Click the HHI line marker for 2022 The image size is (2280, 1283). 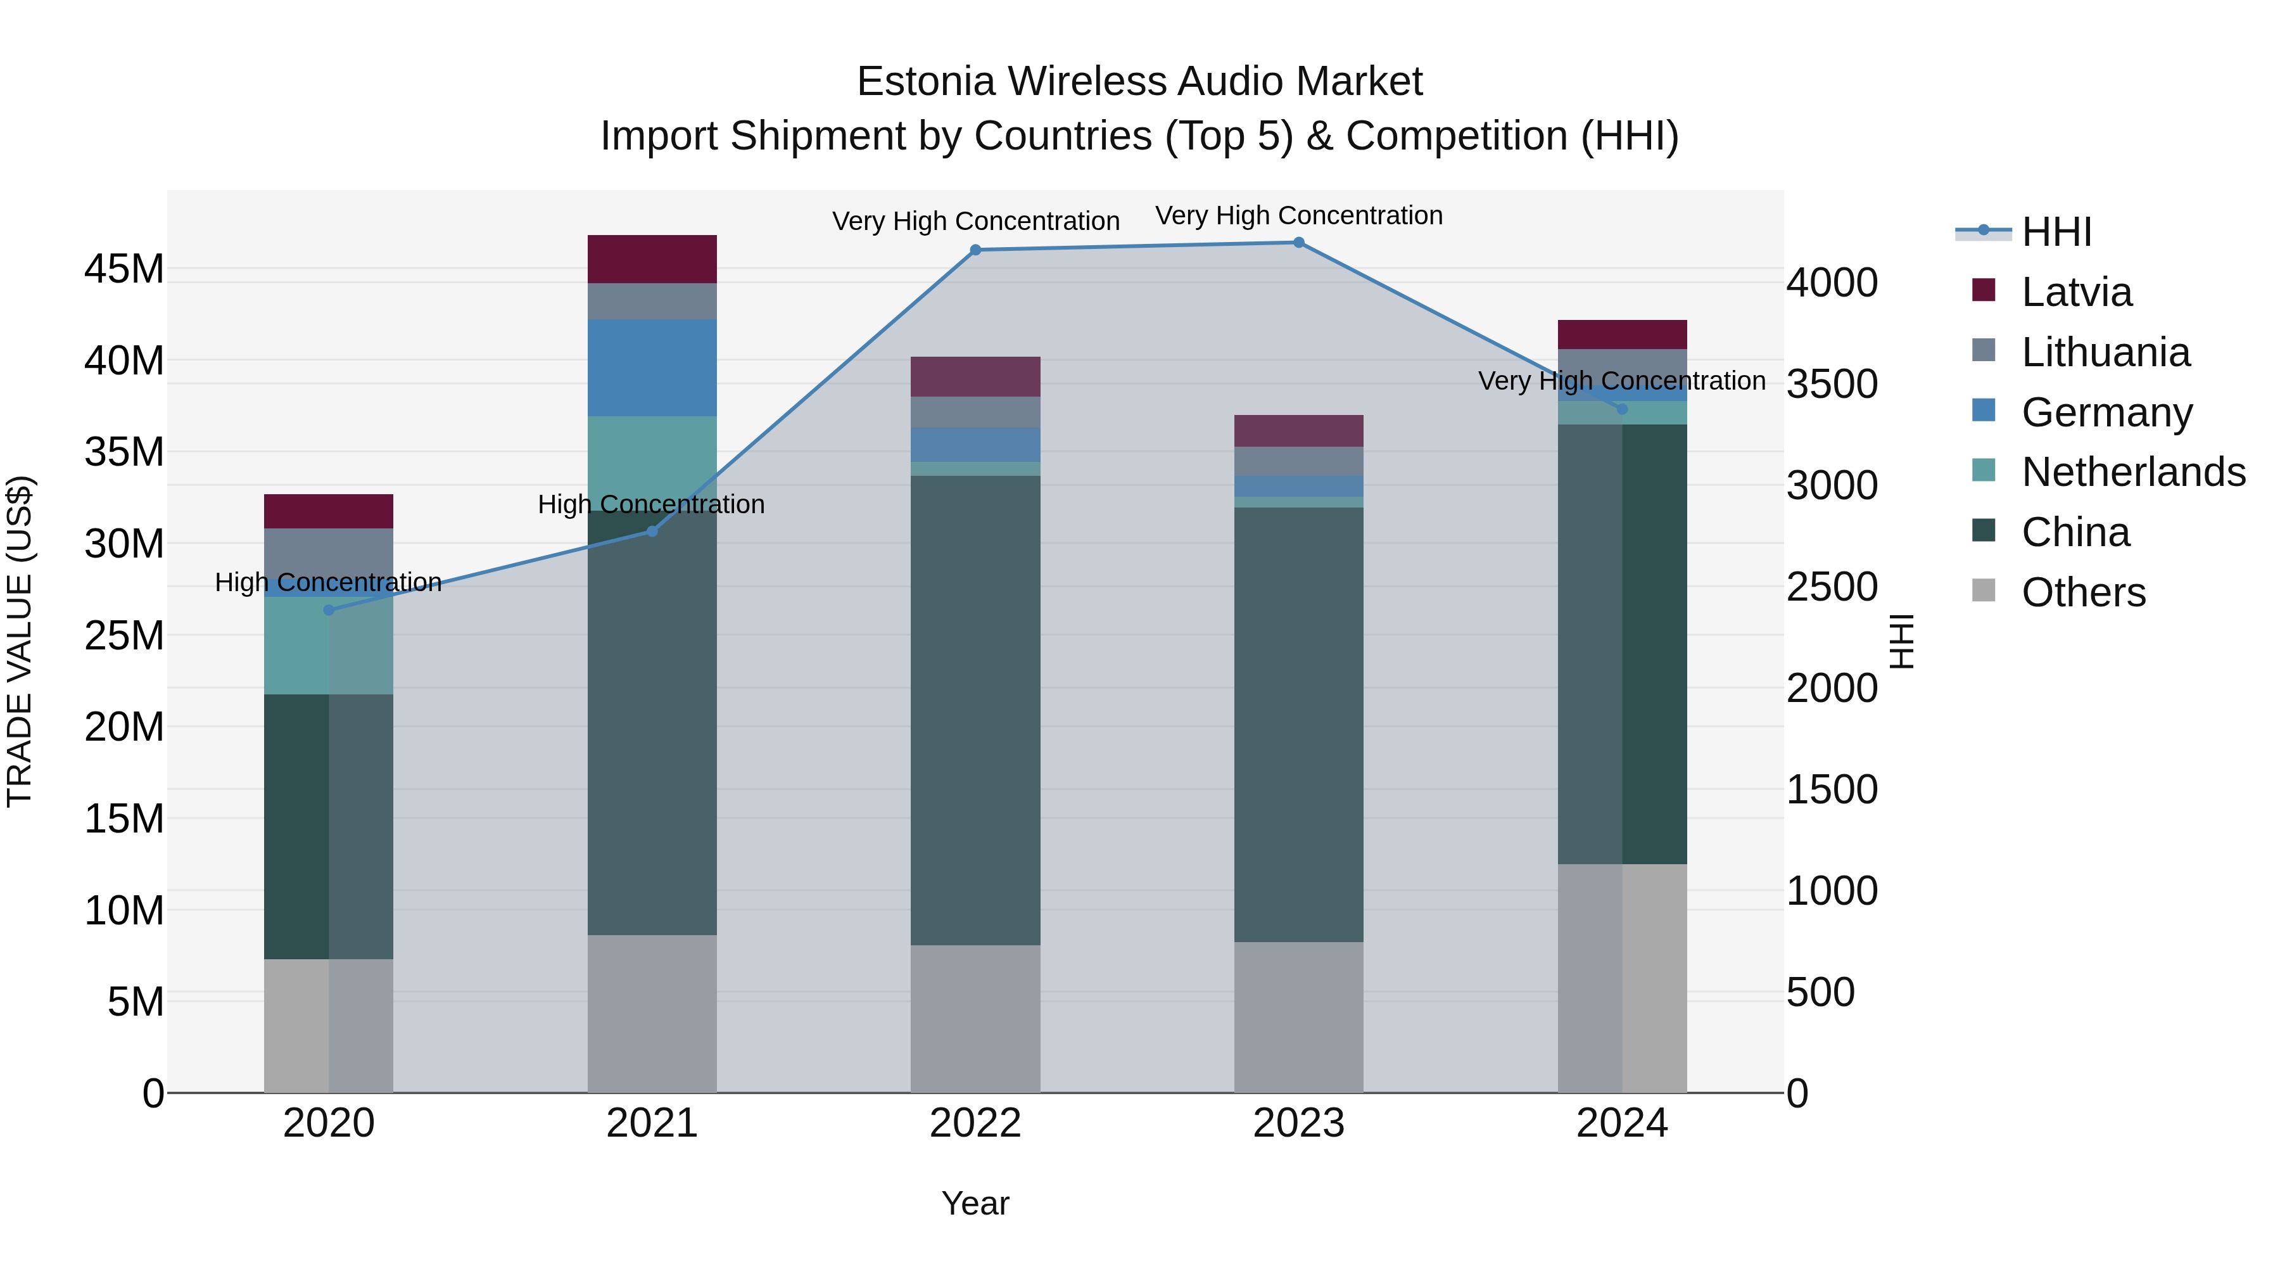[x=975, y=250]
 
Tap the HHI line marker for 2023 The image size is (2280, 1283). [x=1298, y=242]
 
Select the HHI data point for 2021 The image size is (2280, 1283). [x=652, y=532]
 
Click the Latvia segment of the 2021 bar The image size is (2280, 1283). [x=652, y=259]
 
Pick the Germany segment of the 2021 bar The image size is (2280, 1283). [x=652, y=367]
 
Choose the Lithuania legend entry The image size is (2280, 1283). [x=2105, y=352]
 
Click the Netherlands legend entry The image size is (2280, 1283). [x=2132, y=472]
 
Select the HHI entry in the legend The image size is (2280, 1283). [x=2056, y=232]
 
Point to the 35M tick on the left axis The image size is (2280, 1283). [x=124, y=452]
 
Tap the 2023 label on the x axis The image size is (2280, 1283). [x=1298, y=1123]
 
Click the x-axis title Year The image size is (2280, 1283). [x=975, y=1203]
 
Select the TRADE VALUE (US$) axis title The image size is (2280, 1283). [x=20, y=641]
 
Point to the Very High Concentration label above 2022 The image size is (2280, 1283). [x=975, y=220]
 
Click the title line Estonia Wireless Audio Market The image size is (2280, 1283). [x=1139, y=82]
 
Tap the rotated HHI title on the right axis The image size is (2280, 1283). [x=1901, y=641]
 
